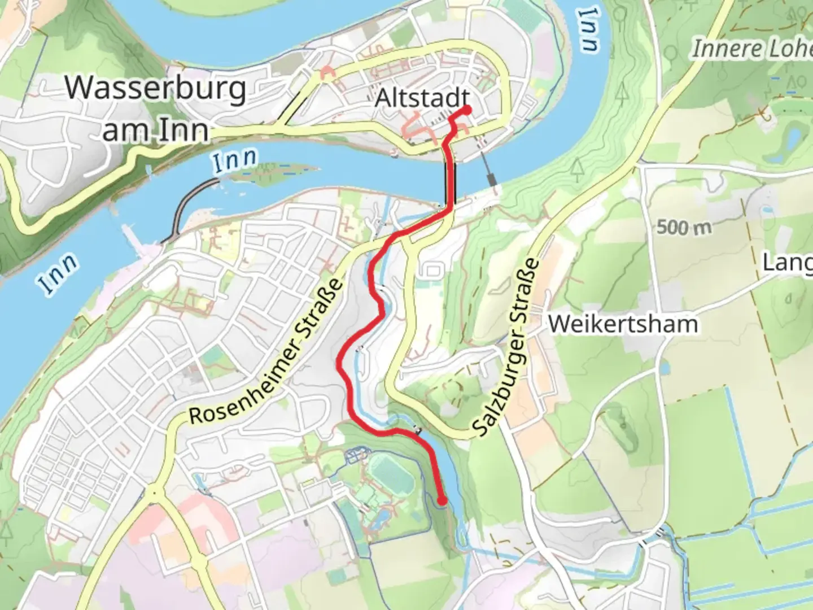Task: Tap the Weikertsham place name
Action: [623, 324]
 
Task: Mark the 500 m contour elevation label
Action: [684, 228]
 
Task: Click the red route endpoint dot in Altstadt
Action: [467, 110]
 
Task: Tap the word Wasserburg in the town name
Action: [156, 89]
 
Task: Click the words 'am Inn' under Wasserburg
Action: [156, 131]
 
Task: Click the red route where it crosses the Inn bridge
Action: [451, 181]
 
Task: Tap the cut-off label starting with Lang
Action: [787, 262]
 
